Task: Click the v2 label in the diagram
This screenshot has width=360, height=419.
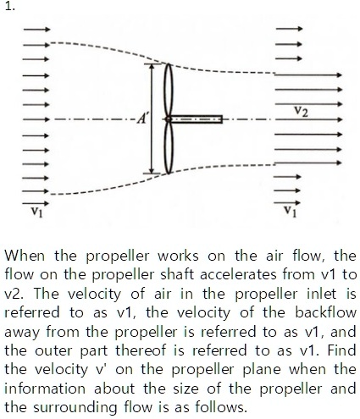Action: (x=301, y=109)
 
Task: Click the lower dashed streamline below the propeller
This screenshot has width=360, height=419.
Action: (x=93, y=191)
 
